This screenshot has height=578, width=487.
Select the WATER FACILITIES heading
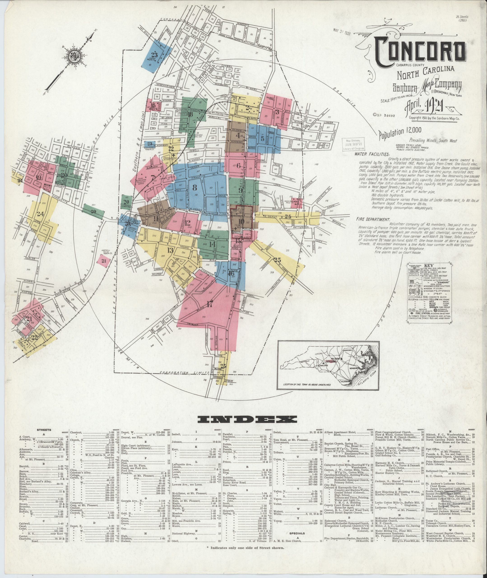pos(372,154)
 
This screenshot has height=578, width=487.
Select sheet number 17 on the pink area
pos(210,305)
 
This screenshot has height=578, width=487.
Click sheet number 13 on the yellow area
pos(170,250)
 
